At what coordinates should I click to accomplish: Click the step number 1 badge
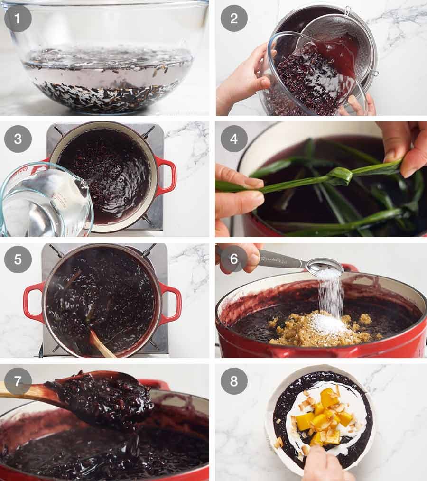pos(18,18)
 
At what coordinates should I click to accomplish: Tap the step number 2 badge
pos(234,18)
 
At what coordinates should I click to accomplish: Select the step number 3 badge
pos(18,139)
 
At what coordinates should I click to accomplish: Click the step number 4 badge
pos(234,139)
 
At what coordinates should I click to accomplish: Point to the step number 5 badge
pos(18,259)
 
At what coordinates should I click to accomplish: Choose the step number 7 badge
pos(18,381)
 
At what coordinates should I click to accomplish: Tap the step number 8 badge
pos(234,381)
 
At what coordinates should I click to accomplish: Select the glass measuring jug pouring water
pos(45,202)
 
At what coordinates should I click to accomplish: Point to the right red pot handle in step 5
pos(171,304)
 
